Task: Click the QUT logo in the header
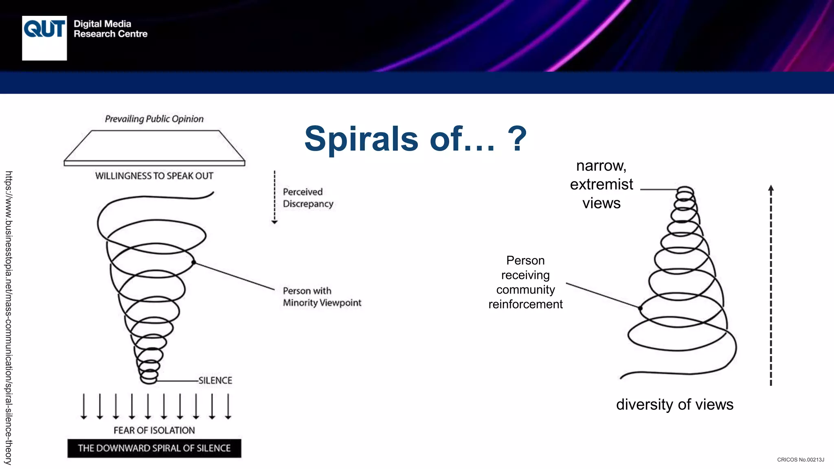[44, 38]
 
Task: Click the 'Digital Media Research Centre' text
[110, 29]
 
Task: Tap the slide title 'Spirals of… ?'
[415, 139]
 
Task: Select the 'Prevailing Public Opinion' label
[154, 119]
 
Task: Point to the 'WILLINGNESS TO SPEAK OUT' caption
[154, 176]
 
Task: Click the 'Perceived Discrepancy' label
[308, 198]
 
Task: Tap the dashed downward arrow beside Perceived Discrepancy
[274, 197]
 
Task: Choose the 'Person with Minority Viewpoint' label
[322, 297]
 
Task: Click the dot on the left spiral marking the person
[194, 262]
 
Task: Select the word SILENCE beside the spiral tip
[215, 381]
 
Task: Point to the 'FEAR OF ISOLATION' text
[154, 430]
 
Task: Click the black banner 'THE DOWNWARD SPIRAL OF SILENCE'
[154, 448]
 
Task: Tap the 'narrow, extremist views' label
[601, 184]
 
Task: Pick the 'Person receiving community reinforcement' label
[525, 282]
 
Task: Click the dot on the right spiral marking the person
[640, 308]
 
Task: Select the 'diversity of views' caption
[674, 405]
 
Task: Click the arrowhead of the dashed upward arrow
[771, 188]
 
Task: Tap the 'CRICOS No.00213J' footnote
[800, 460]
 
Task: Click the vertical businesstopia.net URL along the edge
[9, 318]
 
